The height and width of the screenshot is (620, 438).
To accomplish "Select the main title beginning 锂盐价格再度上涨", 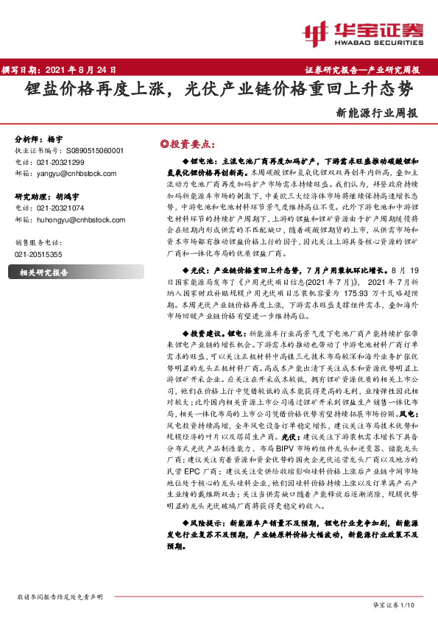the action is coord(219,91).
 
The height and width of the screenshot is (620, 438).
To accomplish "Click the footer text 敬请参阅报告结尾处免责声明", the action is coord(60,596).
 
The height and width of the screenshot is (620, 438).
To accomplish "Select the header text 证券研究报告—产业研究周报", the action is coord(362,71).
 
